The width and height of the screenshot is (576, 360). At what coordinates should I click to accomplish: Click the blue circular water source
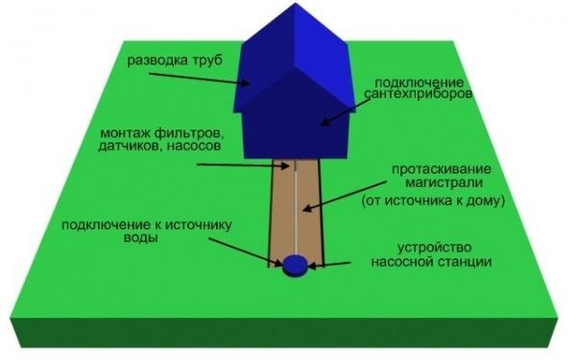point(295,261)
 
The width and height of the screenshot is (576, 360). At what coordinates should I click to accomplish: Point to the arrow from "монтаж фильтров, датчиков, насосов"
point(244,165)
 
